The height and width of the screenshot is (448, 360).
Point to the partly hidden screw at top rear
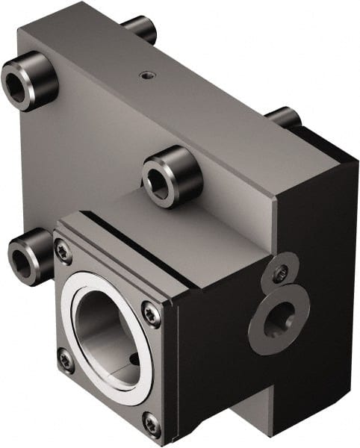[141, 28]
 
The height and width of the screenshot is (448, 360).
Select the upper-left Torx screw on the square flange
[65, 252]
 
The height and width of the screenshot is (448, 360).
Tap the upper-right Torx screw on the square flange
[152, 315]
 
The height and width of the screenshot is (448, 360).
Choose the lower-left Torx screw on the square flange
[66, 361]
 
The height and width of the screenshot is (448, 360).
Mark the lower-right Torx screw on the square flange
[152, 424]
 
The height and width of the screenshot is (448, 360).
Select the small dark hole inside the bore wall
[134, 358]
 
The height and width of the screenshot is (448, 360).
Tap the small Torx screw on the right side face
[281, 275]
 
